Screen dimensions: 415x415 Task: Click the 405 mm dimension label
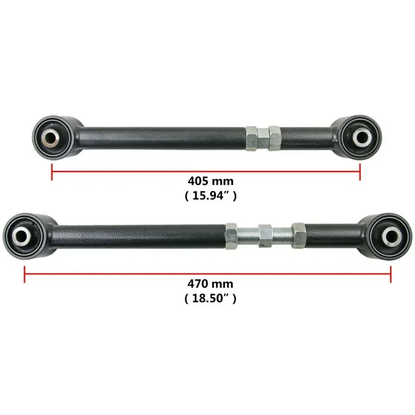[211, 181]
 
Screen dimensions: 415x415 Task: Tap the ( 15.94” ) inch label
[211, 196]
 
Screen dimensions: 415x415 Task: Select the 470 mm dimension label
[210, 284]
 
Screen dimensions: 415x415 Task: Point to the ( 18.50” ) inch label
[210, 299]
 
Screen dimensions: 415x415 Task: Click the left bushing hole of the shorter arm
[50, 137]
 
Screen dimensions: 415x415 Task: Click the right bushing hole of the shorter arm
[362, 137]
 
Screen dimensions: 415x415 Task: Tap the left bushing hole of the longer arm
[21, 235]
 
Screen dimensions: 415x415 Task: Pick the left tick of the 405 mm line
[51, 172]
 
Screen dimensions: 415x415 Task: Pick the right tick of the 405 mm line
[360, 172]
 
